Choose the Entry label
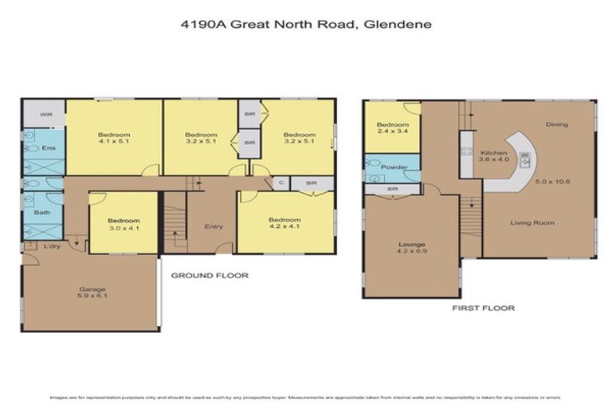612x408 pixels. (213, 226)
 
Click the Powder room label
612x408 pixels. (394, 167)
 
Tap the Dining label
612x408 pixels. (556, 124)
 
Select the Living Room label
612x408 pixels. (532, 222)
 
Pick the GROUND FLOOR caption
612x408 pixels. (210, 276)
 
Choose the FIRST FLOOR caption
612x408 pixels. (483, 308)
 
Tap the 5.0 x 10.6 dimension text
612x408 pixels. (553, 183)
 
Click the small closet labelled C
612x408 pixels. (281, 183)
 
